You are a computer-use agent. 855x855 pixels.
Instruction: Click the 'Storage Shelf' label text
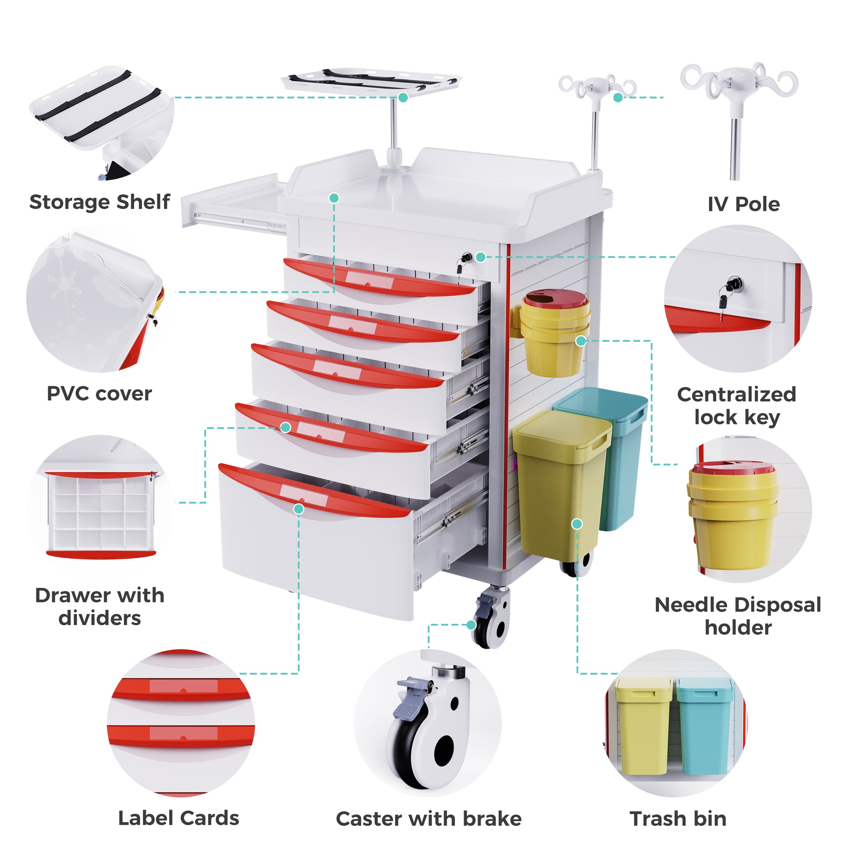tap(100, 202)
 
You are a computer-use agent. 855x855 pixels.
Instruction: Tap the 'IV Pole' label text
tap(743, 204)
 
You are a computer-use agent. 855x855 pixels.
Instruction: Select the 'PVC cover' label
tap(99, 393)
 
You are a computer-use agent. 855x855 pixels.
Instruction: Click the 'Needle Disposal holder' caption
tap(738, 616)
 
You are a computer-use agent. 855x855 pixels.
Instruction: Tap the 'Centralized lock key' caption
tap(736, 406)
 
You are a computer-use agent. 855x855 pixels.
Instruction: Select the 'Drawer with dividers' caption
tap(100, 606)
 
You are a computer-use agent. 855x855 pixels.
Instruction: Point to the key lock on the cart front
tap(466, 257)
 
